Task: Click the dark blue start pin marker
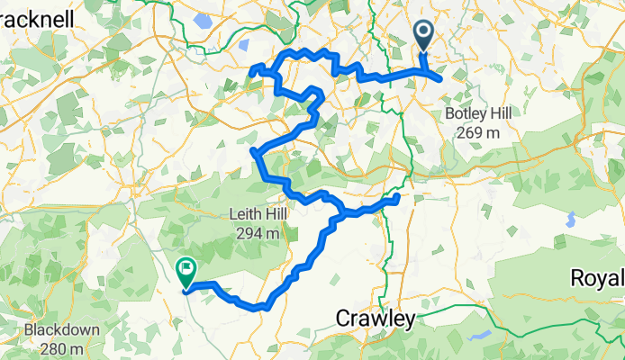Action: pos(424,37)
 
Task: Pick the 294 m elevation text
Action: pos(262,232)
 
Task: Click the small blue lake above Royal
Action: pos(571,219)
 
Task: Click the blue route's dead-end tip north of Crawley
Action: pos(397,196)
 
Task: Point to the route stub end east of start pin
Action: pos(440,79)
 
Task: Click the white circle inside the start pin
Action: pos(424,32)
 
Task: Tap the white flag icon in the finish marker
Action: pos(186,266)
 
